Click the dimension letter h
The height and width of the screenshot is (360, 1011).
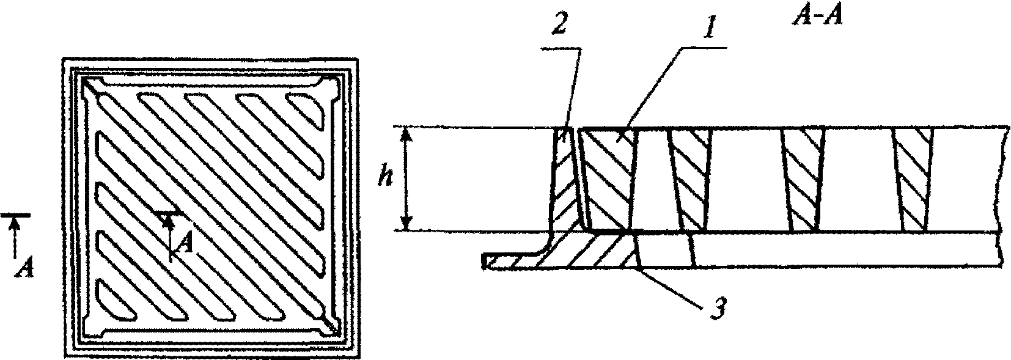(386, 178)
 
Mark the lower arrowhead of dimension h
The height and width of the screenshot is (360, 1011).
(406, 224)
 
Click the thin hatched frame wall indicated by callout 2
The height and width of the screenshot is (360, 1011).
(565, 178)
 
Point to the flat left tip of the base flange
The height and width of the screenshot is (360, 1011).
(484, 261)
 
